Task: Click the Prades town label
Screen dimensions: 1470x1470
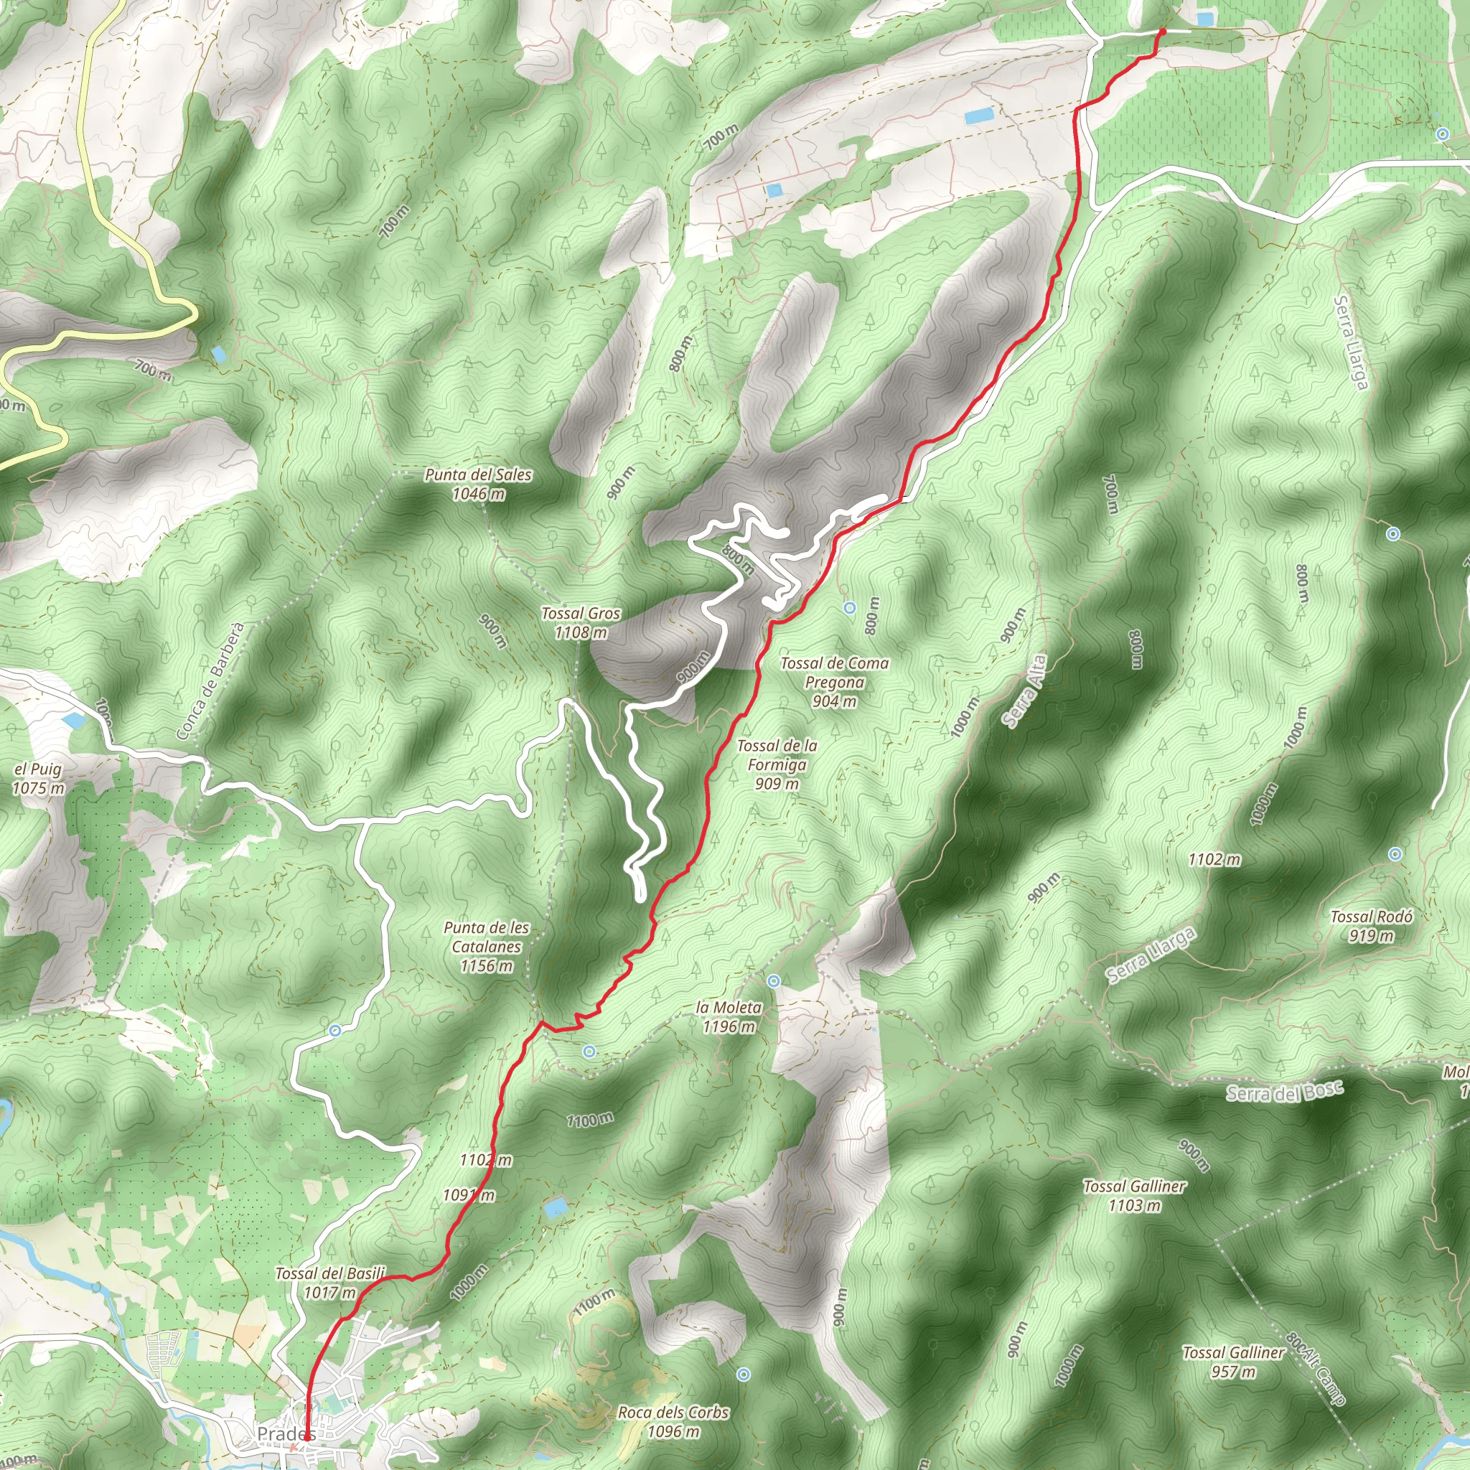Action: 284,1433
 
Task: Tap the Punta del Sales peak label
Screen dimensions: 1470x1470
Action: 478,484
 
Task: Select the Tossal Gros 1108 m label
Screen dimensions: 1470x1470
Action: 581,622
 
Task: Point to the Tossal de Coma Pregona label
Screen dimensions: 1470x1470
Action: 834,682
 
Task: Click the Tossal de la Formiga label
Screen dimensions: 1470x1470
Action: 777,764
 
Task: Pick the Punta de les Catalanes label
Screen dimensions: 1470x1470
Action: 486,947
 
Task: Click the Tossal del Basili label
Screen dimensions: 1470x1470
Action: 330,1283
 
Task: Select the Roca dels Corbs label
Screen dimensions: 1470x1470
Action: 673,1421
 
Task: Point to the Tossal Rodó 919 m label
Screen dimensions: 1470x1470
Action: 1371,926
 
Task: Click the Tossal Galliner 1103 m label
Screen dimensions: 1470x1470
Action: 1133,1195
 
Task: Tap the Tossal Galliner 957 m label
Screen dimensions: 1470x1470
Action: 1232,1362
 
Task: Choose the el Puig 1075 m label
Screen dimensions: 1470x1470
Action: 38,778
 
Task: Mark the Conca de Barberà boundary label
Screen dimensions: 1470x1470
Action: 210,681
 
